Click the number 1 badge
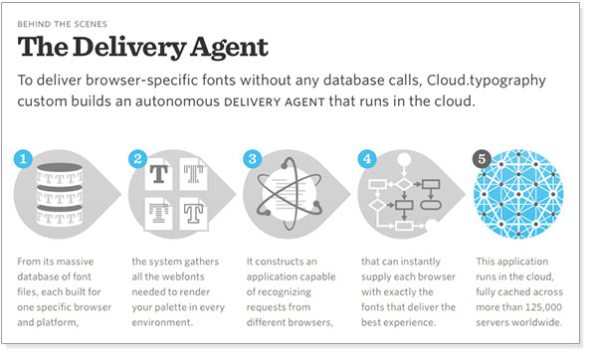[23, 159]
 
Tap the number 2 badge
[137, 159]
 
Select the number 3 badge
[253, 159]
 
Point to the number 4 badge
[367, 159]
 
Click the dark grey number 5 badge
[482, 159]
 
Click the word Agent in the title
[229, 48]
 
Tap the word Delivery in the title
[129, 48]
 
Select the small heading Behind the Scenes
[63, 24]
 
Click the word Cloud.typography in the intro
[487, 81]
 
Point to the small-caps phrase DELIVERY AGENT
[275, 102]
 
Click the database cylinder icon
[59, 195]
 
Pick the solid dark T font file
[158, 174]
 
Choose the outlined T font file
[193, 213]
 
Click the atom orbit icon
[290, 194]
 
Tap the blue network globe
[518, 194]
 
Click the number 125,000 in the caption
[543, 307]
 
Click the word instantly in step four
[422, 262]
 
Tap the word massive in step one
[75, 262]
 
